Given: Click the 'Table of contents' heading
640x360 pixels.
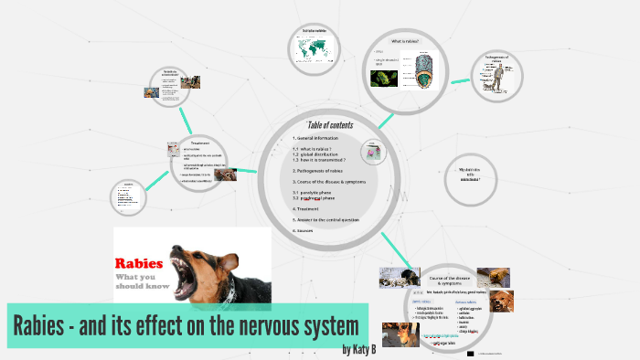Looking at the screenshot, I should [x=329, y=125].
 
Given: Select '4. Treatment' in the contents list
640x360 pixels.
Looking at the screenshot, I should [x=306, y=208].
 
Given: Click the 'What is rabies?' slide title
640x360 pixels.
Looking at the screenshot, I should [x=405, y=41].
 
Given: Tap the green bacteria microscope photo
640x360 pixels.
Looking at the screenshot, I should [x=382, y=79].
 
